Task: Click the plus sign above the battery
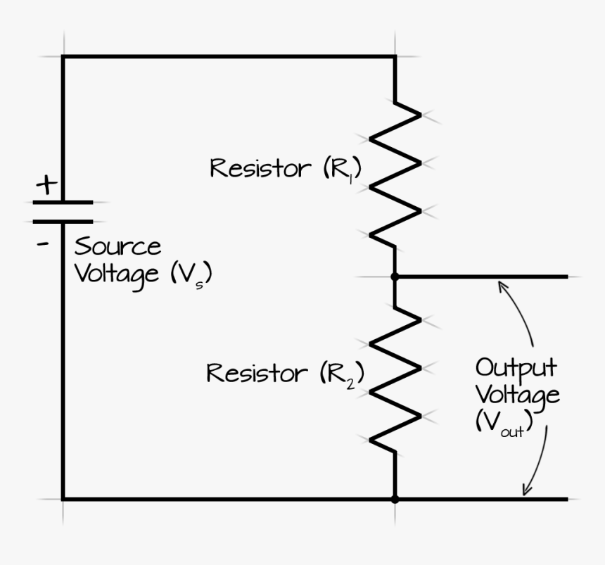pos(47,185)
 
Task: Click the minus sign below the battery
pos(44,244)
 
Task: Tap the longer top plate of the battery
pos(63,203)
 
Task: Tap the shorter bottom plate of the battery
pos(63,221)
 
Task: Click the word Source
pos(117,248)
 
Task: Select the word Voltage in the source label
pos(117,274)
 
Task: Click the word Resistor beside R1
pos(260,169)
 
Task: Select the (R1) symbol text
pos(342,170)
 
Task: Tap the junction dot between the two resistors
pos(395,277)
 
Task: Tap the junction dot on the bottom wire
pos(395,500)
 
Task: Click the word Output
pos(516,369)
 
